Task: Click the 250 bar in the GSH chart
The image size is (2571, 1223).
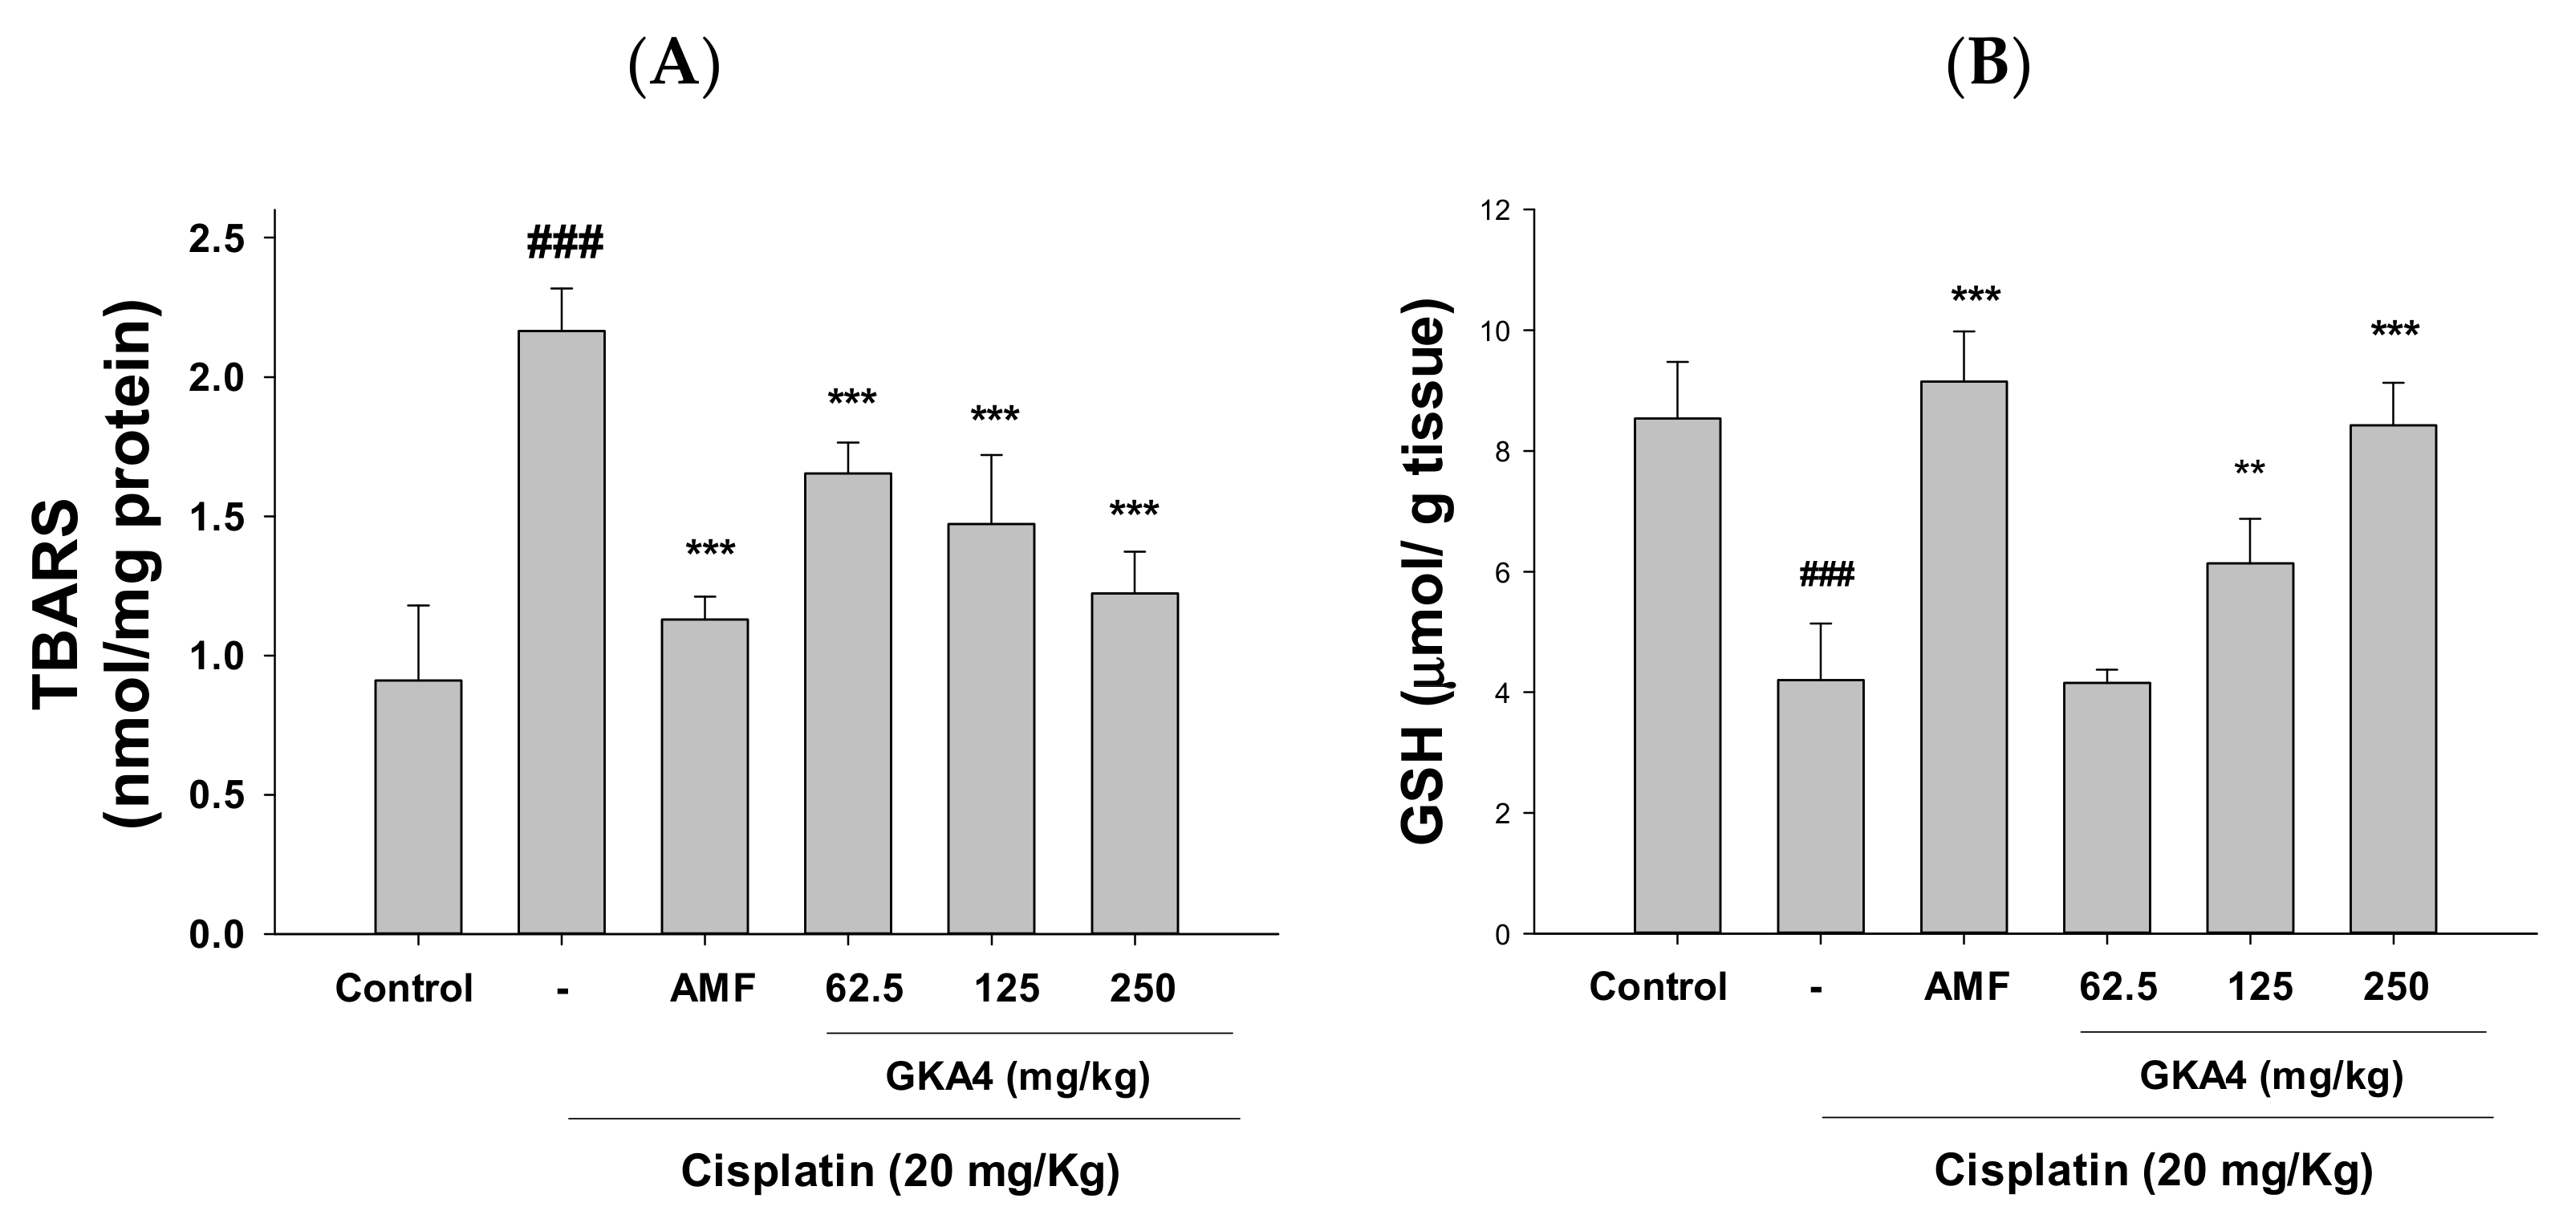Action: [2394, 679]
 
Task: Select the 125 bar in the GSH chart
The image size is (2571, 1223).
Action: [2250, 748]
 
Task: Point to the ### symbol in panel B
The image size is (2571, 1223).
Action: [1826, 575]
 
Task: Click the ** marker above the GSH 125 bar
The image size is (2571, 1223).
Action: [2250, 469]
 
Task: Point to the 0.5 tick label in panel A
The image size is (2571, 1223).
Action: [217, 796]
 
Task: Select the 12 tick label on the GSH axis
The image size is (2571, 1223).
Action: [1494, 211]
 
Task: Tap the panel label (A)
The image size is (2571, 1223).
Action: [675, 66]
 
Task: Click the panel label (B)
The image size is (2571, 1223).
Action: [1989, 66]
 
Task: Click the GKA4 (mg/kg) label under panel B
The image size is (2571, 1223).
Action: [2271, 1075]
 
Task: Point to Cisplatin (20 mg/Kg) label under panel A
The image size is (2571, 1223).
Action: [900, 1170]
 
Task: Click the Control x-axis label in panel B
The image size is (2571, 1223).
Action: [1657, 986]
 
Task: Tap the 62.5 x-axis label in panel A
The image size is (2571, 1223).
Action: [863, 989]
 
